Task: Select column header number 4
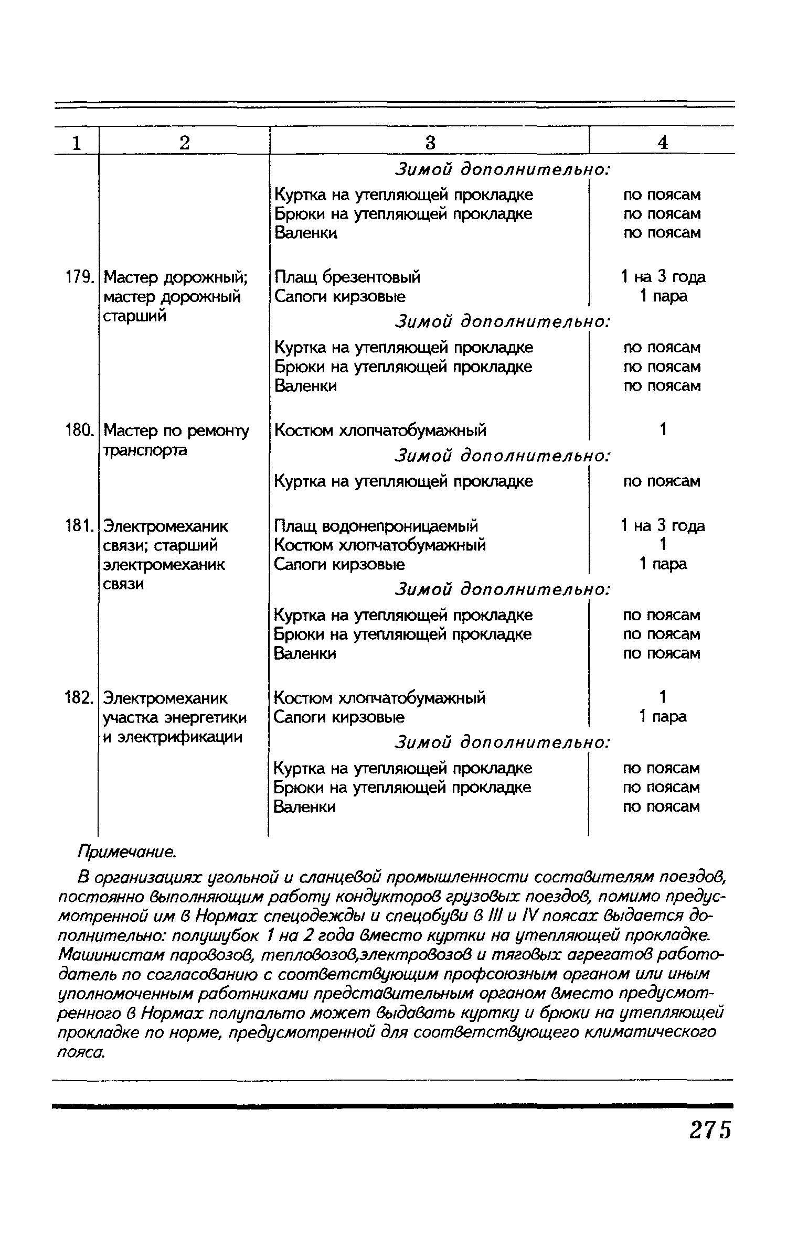[x=663, y=143]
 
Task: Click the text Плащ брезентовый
[x=347, y=277]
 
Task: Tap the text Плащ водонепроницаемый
[x=376, y=525]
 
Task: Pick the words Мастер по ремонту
[x=176, y=431]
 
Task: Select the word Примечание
[x=126, y=852]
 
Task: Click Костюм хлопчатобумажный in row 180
[x=380, y=430]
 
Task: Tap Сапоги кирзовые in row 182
[x=339, y=717]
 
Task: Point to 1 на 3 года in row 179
[x=663, y=277]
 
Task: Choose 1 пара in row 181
[x=663, y=564]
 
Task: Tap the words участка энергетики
[x=175, y=717]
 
